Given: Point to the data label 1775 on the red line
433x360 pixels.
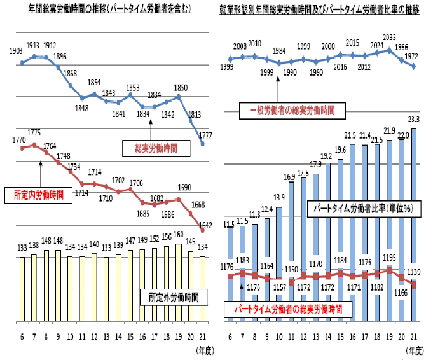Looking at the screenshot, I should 35,133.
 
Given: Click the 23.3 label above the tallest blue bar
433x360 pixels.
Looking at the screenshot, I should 414,118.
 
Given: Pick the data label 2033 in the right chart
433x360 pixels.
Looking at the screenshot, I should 389,38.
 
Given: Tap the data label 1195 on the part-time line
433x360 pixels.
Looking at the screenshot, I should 390,257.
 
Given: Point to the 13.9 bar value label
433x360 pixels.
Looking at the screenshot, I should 279,197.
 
